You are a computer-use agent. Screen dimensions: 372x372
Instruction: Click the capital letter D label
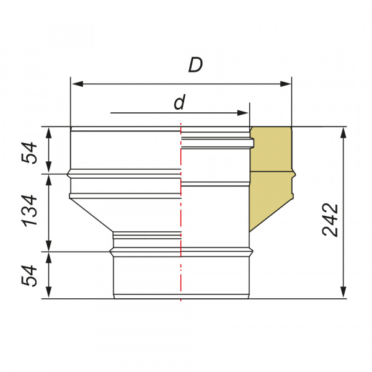pos(195,64)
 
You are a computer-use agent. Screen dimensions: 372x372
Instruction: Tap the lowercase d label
pos(179,102)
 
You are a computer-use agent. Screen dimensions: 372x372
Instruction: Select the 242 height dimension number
pos(330,220)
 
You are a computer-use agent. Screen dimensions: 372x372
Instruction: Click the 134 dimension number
pos(30,211)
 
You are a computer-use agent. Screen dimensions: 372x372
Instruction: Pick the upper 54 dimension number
pos(29,153)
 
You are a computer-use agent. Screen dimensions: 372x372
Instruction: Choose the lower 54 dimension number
pos(29,276)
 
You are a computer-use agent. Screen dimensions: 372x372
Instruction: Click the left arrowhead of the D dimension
pos(77,84)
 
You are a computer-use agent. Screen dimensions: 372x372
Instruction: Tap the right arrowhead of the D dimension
pos(285,84)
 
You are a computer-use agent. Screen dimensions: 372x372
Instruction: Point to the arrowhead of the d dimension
pos(242,113)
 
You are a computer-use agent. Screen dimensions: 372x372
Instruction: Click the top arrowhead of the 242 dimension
pos(343,133)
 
